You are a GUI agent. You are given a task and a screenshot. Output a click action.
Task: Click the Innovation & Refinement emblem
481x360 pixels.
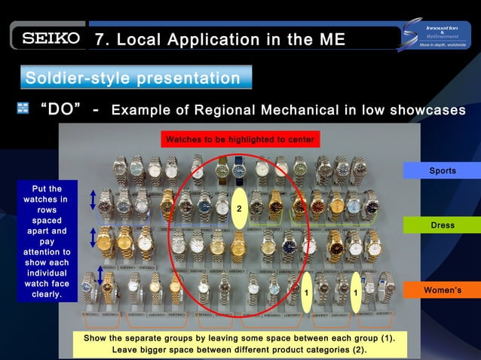click(x=437, y=35)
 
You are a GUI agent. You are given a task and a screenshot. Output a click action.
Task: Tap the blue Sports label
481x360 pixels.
click(x=442, y=171)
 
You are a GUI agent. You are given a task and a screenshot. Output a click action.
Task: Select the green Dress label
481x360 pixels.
click(x=442, y=225)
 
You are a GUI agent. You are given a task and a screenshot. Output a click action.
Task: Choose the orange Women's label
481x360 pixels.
click(x=442, y=290)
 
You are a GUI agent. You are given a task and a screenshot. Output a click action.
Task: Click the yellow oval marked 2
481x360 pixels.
click(x=238, y=208)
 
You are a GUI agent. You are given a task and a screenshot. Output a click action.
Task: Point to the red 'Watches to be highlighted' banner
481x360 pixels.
click(x=240, y=139)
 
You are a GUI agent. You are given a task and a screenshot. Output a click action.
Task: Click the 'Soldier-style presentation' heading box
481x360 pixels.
click(x=135, y=78)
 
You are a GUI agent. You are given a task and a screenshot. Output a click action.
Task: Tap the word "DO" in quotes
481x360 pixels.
click(x=60, y=110)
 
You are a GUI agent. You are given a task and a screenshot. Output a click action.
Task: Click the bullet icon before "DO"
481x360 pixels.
click(x=23, y=109)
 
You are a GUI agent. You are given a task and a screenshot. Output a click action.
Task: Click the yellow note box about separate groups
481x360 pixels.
click(x=240, y=343)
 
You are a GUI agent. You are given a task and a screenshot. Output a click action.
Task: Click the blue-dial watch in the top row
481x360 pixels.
click(x=239, y=171)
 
